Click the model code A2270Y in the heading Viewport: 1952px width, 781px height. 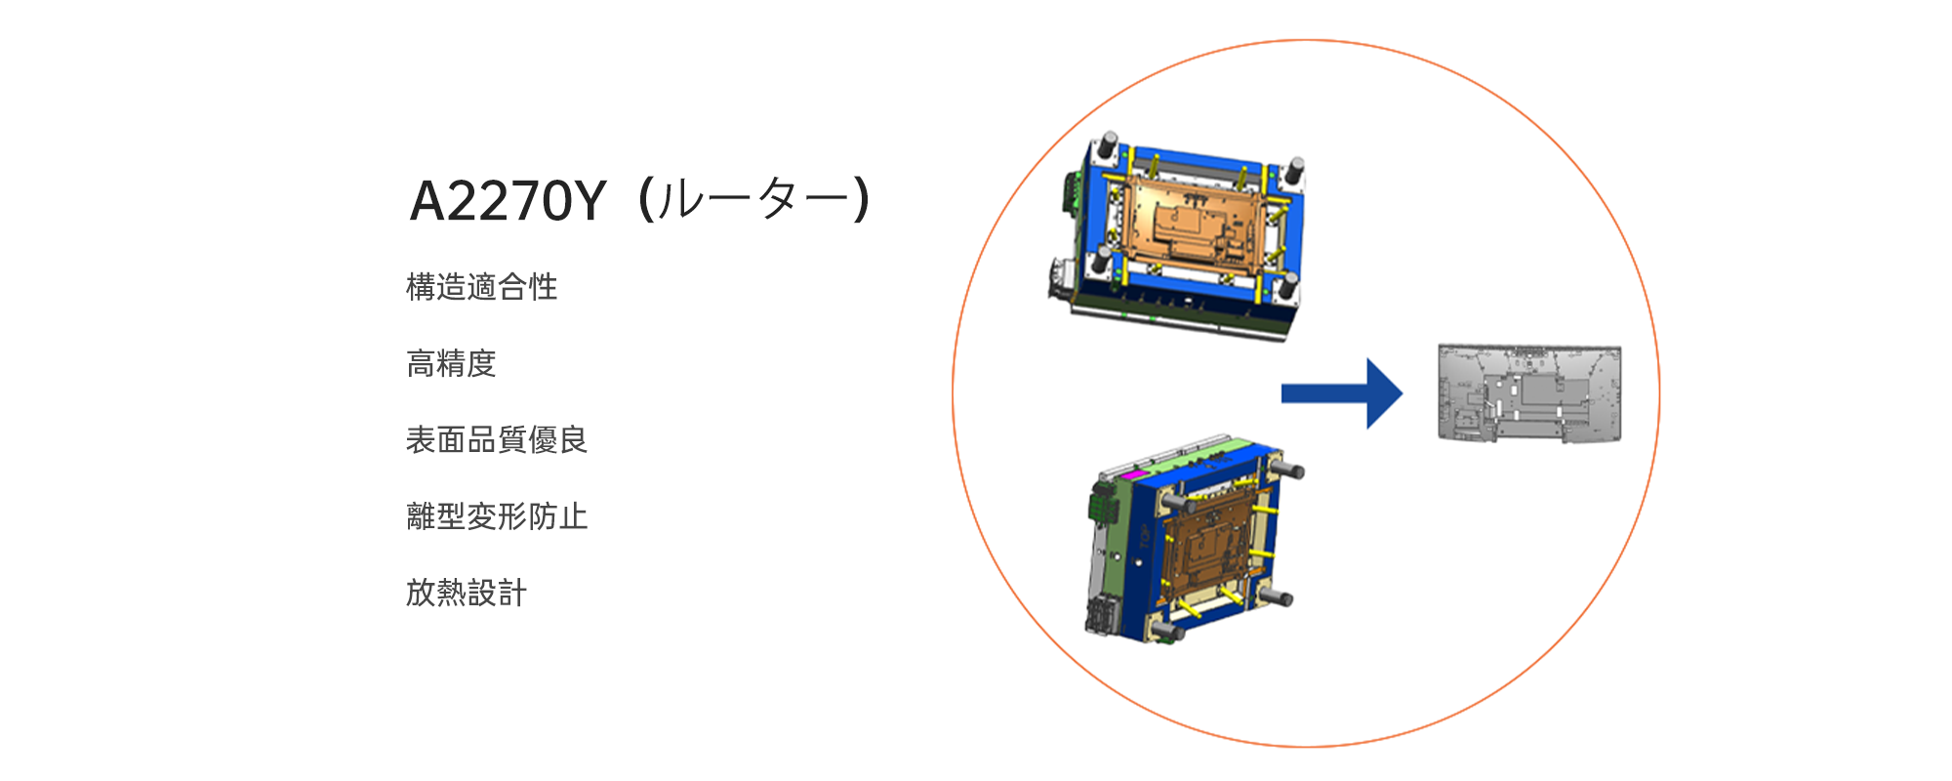click(508, 201)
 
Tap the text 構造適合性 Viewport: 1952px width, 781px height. click(482, 287)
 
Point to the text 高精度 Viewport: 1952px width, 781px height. click(452, 363)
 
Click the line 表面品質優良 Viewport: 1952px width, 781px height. click(497, 439)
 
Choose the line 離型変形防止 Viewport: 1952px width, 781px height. click(497, 515)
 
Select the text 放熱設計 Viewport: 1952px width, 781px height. click(467, 592)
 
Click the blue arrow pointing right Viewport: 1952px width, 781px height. click(1342, 393)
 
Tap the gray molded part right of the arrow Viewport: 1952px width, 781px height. click(1529, 392)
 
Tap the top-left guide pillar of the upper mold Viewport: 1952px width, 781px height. click(1108, 147)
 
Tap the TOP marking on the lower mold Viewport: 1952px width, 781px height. click(1144, 537)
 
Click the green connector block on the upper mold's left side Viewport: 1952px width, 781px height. click(1071, 195)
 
